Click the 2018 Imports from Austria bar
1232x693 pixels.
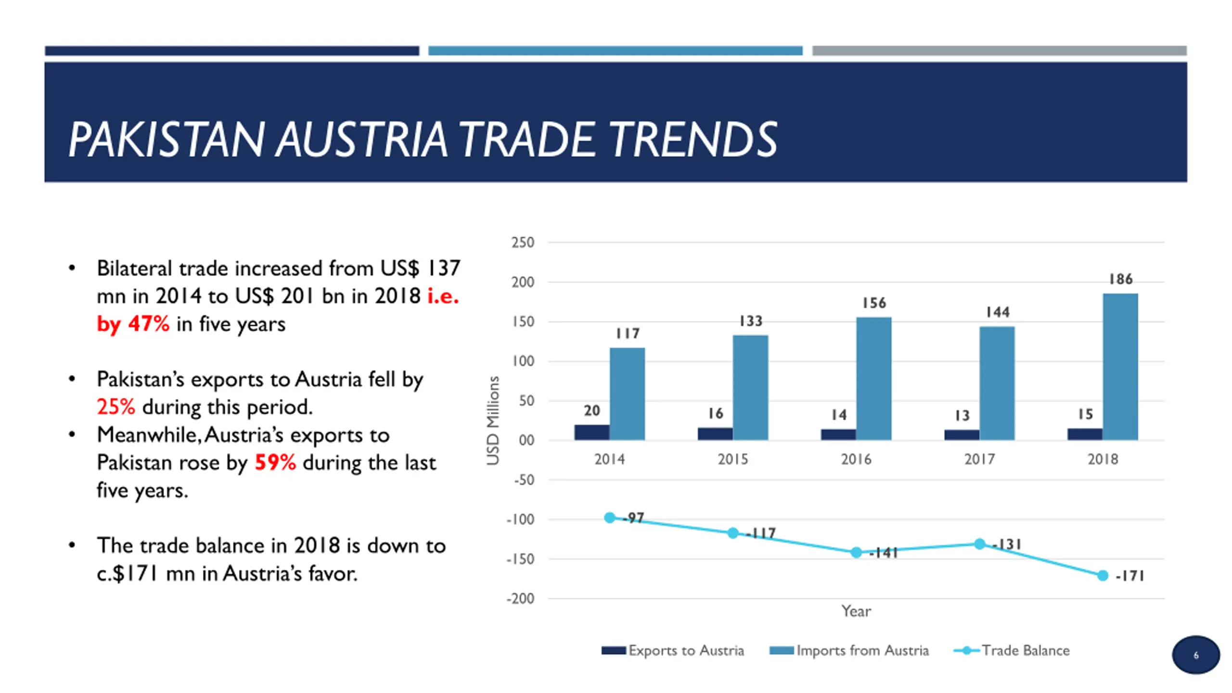1120,367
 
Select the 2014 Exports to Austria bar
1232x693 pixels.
591,432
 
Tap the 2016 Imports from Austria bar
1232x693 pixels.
873,379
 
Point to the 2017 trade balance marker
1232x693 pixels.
979,544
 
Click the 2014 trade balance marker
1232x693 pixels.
610,518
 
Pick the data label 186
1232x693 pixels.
1121,279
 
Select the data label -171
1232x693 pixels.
1129,576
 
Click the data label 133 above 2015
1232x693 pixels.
751,321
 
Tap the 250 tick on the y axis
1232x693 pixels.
523,243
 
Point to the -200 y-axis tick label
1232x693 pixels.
520,599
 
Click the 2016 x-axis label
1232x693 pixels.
856,459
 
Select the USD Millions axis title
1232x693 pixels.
493,420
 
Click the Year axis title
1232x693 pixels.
856,611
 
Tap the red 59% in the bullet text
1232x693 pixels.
275,462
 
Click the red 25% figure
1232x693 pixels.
116,407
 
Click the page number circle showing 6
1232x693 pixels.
1196,655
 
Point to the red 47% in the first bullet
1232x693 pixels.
149,324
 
